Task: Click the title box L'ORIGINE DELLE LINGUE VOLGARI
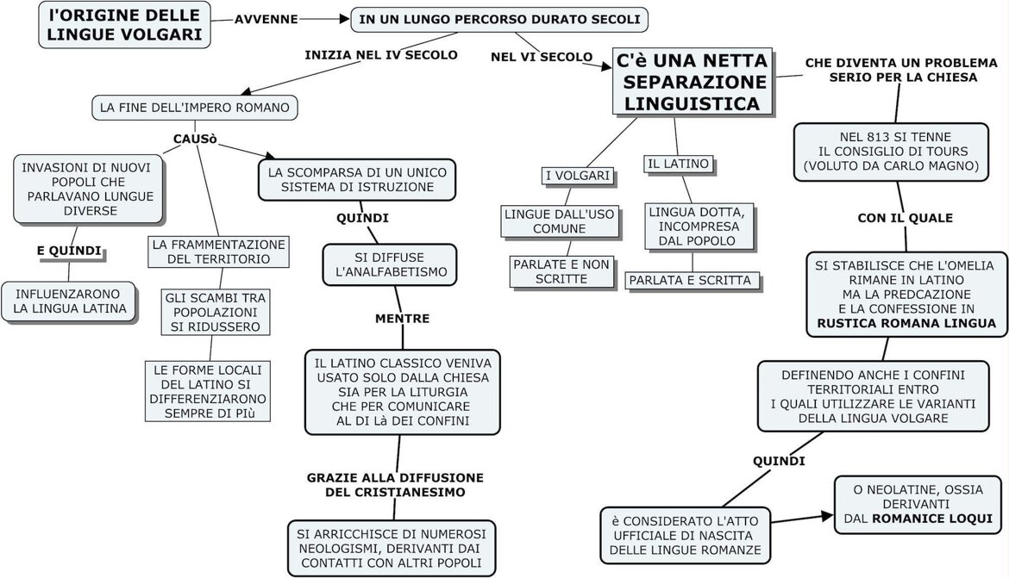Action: [x=125, y=24]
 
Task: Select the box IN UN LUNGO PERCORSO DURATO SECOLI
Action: [x=499, y=19]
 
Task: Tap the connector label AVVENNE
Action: [x=266, y=19]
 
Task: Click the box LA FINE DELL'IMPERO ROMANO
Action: [x=196, y=108]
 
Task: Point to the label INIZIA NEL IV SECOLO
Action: [x=381, y=55]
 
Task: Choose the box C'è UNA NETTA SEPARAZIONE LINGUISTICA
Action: [x=693, y=83]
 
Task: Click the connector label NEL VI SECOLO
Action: [x=541, y=57]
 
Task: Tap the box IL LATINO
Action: [x=679, y=164]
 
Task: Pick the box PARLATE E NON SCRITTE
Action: [x=560, y=270]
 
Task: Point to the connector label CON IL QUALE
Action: [x=905, y=218]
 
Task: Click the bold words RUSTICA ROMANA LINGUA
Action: [x=905, y=324]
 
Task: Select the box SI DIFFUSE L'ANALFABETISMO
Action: [x=390, y=264]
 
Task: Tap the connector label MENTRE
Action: [x=402, y=319]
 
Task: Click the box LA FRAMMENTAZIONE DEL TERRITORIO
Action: [x=218, y=251]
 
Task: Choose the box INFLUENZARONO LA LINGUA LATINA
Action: [x=69, y=301]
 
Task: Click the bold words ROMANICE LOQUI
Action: [x=931, y=519]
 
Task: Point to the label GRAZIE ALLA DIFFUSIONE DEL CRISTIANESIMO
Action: [x=395, y=484]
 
